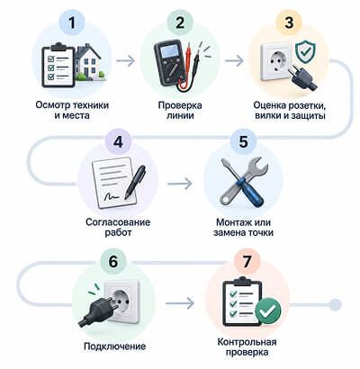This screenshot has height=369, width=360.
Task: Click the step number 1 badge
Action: tap(72, 22)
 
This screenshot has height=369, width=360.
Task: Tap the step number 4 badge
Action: tap(118, 141)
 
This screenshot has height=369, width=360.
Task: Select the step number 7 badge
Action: tap(247, 261)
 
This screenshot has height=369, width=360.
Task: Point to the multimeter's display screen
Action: tap(169, 52)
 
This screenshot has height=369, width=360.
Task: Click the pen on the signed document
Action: tap(135, 181)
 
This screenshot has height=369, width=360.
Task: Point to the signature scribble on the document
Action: tap(112, 196)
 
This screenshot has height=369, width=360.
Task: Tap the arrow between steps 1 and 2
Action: tap(126, 61)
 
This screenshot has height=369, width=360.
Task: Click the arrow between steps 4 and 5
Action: tap(180, 184)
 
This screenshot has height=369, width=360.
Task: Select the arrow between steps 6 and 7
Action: tap(180, 303)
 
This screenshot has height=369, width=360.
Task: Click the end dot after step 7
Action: tap(336, 305)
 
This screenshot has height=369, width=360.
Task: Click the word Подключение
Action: tap(115, 346)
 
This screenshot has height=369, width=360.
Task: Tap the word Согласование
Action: tap(118, 222)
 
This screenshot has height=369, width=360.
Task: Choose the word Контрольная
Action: tap(247, 342)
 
